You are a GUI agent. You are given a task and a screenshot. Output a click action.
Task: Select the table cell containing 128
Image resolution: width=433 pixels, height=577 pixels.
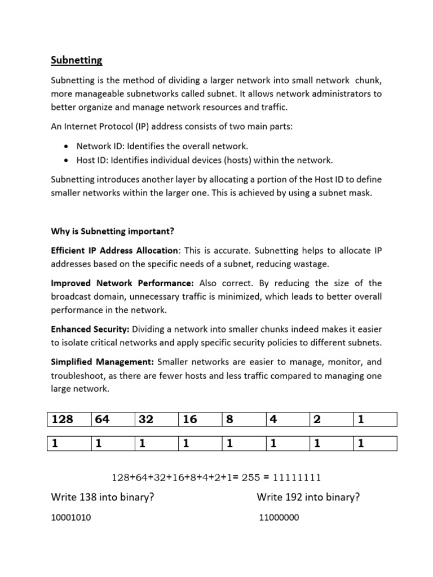click(x=68, y=419)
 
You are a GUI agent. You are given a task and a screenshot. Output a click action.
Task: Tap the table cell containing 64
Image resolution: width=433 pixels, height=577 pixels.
click(x=112, y=419)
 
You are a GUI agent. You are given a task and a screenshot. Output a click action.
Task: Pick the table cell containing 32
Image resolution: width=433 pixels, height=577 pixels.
click(x=156, y=419)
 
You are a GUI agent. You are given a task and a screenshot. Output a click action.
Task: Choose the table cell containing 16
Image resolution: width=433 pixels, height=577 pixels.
click(x=200, y=419)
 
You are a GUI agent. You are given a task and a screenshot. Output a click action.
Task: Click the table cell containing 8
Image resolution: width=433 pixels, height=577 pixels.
click(x=243, y=419)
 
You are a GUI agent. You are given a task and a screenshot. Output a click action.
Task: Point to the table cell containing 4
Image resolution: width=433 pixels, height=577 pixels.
click(x=287, y=419)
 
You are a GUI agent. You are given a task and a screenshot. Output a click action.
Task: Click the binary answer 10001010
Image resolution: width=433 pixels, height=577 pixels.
click(x=71, y=518)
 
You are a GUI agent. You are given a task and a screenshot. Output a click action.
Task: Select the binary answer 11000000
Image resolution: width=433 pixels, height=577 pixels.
click(x=279, y=518)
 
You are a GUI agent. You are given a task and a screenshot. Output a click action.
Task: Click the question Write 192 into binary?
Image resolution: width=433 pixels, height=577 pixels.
click(x=308, y=497)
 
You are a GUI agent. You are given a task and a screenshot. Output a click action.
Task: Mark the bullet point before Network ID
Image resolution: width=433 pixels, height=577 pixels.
click(x=66, y=147)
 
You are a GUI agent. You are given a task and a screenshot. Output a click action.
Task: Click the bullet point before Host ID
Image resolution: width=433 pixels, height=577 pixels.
click(x=66, y=161)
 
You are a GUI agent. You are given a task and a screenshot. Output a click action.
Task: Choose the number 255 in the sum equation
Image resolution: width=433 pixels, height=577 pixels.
click(x=249, y=478)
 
